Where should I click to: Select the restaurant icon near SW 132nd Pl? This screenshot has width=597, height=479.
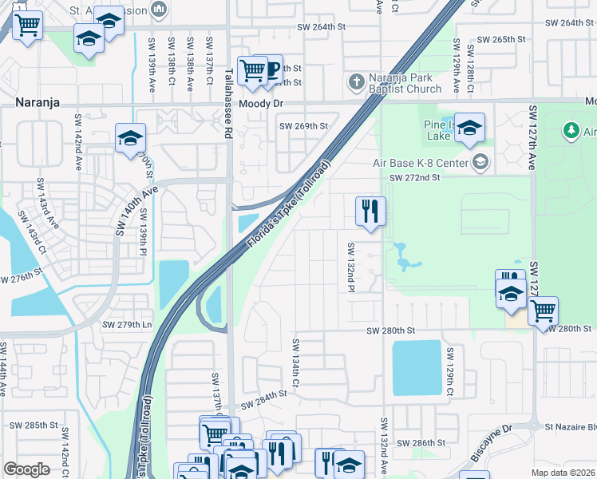(370, 212)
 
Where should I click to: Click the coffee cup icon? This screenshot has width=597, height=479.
(271, 69)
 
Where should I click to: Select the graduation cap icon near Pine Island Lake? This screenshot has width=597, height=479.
(469, 128)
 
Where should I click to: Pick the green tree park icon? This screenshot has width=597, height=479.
(570, 129)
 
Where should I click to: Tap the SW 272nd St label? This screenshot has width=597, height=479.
(414, 177)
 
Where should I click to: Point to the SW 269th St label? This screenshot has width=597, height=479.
(303, 126)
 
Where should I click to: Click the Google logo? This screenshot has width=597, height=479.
(26, 469)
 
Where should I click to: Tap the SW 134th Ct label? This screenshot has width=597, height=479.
(295, 363)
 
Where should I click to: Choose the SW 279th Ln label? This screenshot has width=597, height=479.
(127, 324)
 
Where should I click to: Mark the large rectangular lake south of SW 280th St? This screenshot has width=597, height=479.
(417, 367)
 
